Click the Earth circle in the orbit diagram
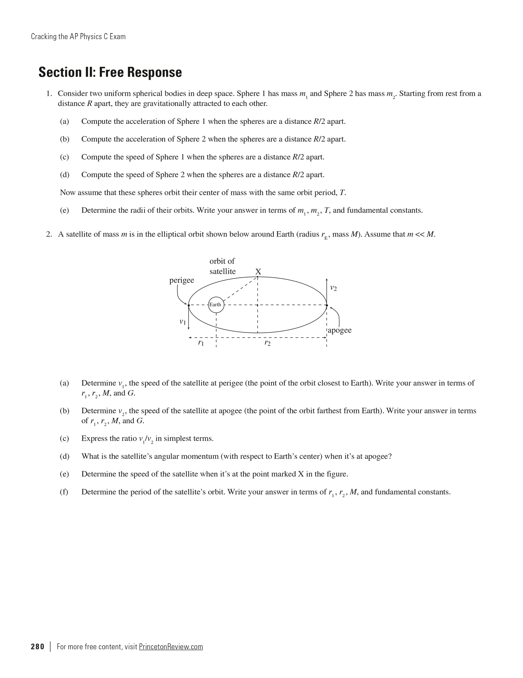[x=216, y=305]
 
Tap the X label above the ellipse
[x=258, y=272]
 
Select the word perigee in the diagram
[x=182, y=280]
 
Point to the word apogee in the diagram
[x=340, y=330]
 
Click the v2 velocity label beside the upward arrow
[x=333, y=288]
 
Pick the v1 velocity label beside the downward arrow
[x=183, y=322]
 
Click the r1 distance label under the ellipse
[x=201, y=343]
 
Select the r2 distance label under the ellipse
[x=267, y=343]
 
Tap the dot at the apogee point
[x=327, y=305]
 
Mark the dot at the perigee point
[x=189, y=305]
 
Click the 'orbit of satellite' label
[x=222, y=266]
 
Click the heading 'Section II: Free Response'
[x=110, y=72]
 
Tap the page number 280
[x=38, y=646]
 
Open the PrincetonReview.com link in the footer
[x=171, y=646]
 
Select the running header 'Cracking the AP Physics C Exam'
[x=78, y=37]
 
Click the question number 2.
[x=49, y=234]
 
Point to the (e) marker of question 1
[x=64, y=211]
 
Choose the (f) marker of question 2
[x=64, y=492]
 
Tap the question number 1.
[x=49, y=94]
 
